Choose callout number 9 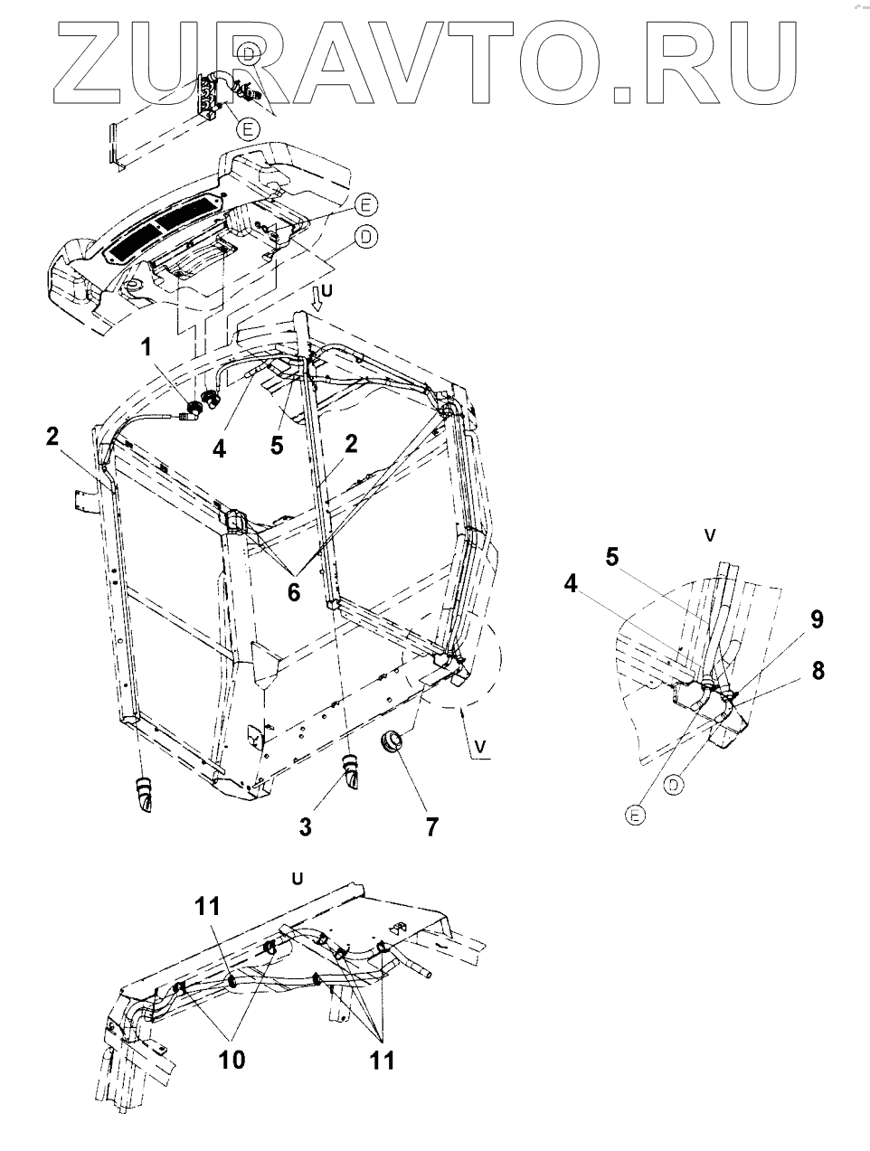click(x=817, y=620)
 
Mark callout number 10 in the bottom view click(x=232, y=1058)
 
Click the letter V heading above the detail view click(x=710, y=535)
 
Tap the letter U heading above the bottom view click(x=296, y=877)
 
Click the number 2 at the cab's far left click(x=53, y=436)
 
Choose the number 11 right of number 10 click(x=383, y=1058)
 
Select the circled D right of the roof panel click(x=367, y=237)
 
